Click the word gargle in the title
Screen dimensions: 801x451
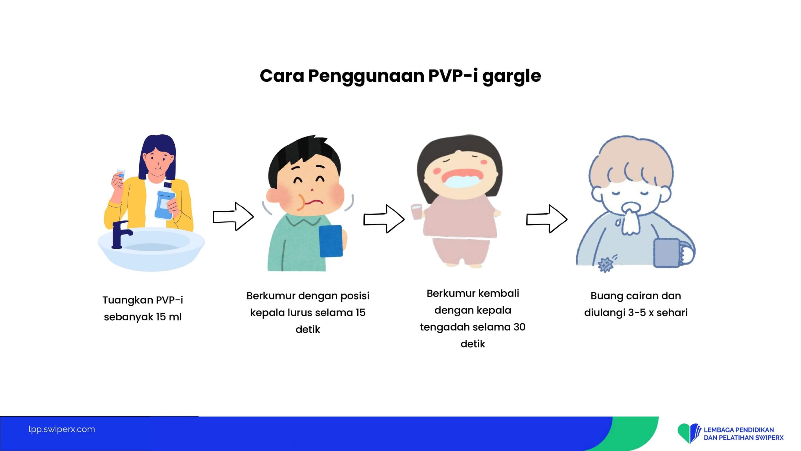click(x=512, y=77)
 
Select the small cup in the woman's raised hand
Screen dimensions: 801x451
click(x=120, y=174)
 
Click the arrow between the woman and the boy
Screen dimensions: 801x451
click(x=233, y=216)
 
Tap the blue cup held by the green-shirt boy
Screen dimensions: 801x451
click(x=331, y=241)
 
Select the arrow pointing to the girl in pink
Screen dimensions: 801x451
click(x=384, y=219)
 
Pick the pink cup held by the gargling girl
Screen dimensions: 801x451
click(x=416, y=212)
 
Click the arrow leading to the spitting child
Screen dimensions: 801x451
click(x=547, y=219)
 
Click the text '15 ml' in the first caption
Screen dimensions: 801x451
click(x=169, y=317)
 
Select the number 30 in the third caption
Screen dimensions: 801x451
click(x=519, y=327)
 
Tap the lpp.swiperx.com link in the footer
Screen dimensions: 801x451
click(x=62, y=429)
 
